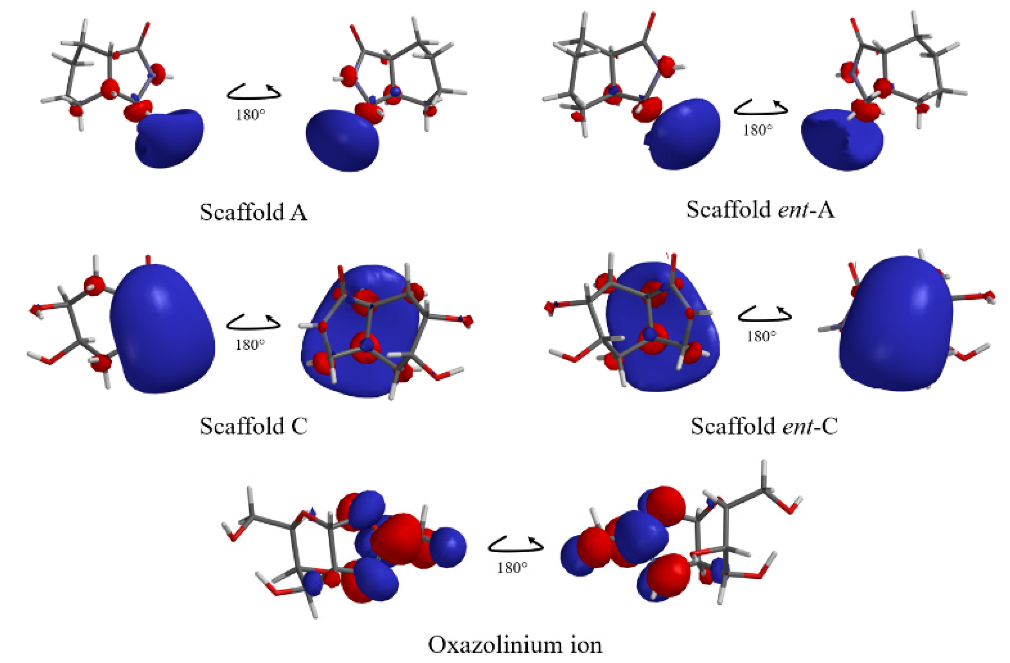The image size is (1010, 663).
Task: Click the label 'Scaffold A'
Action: point(253,212)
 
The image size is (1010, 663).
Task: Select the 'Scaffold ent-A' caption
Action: point(760,210)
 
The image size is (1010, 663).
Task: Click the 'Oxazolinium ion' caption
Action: point(514,645)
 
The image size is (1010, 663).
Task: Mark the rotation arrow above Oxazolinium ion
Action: point(515,544)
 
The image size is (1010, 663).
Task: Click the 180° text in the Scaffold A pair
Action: point(250,115)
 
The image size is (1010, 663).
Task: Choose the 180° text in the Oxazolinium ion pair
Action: point(512,567)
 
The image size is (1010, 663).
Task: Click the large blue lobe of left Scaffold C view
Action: point(162,329)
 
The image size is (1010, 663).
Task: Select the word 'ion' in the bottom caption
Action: point(587,645)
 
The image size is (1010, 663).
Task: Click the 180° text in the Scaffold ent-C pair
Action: point(762,337)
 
